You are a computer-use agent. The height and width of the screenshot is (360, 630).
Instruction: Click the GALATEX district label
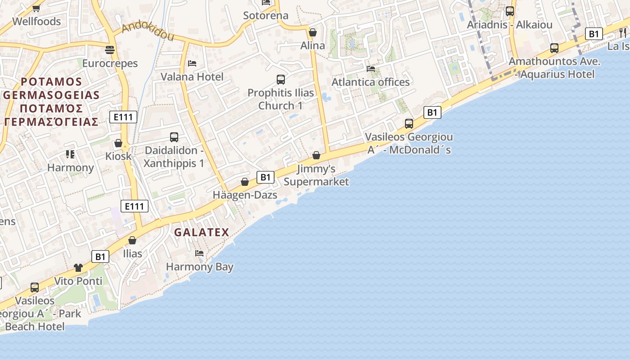(x=202, y=233)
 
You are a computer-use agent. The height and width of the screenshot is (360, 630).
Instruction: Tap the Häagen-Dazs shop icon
(x=245, y=182)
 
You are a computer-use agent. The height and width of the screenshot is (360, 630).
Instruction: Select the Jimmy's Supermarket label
(x=316, y=175)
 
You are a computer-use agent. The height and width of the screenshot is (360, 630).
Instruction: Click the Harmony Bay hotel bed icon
(x=199, y=253)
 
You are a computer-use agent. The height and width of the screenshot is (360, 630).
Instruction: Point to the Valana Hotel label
(x=192, y=77)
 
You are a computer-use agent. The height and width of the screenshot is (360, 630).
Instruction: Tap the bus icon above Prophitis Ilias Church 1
(x=281, y=80)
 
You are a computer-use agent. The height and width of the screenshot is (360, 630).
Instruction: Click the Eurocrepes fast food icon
(x=109, y=49)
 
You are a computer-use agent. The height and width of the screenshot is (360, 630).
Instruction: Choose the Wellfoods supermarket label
(x=36, y=21)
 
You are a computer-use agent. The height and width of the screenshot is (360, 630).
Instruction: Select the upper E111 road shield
(x=123, y=117)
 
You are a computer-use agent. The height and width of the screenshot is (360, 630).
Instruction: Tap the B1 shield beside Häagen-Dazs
(x=265, y=177)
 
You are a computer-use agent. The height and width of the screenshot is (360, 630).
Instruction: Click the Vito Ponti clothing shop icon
(x=78, y=267)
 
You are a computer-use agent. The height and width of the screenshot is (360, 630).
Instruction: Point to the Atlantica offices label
(x=371, y=82)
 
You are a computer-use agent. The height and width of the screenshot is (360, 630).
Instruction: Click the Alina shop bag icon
(x=313, y=32)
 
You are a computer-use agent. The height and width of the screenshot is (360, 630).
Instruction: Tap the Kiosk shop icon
(x=118, y=143)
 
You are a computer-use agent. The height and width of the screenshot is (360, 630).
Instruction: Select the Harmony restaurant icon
(x=70, y=154)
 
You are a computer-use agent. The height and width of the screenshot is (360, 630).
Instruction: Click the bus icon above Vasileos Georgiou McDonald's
(x=409, y=123)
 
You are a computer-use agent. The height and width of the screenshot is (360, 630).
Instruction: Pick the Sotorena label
(x=265, y=16)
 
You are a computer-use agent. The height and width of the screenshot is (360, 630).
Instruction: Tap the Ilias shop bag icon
(x=132, y=240)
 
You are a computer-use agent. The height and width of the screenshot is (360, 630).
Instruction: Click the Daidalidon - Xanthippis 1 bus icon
(x=174, y=137)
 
